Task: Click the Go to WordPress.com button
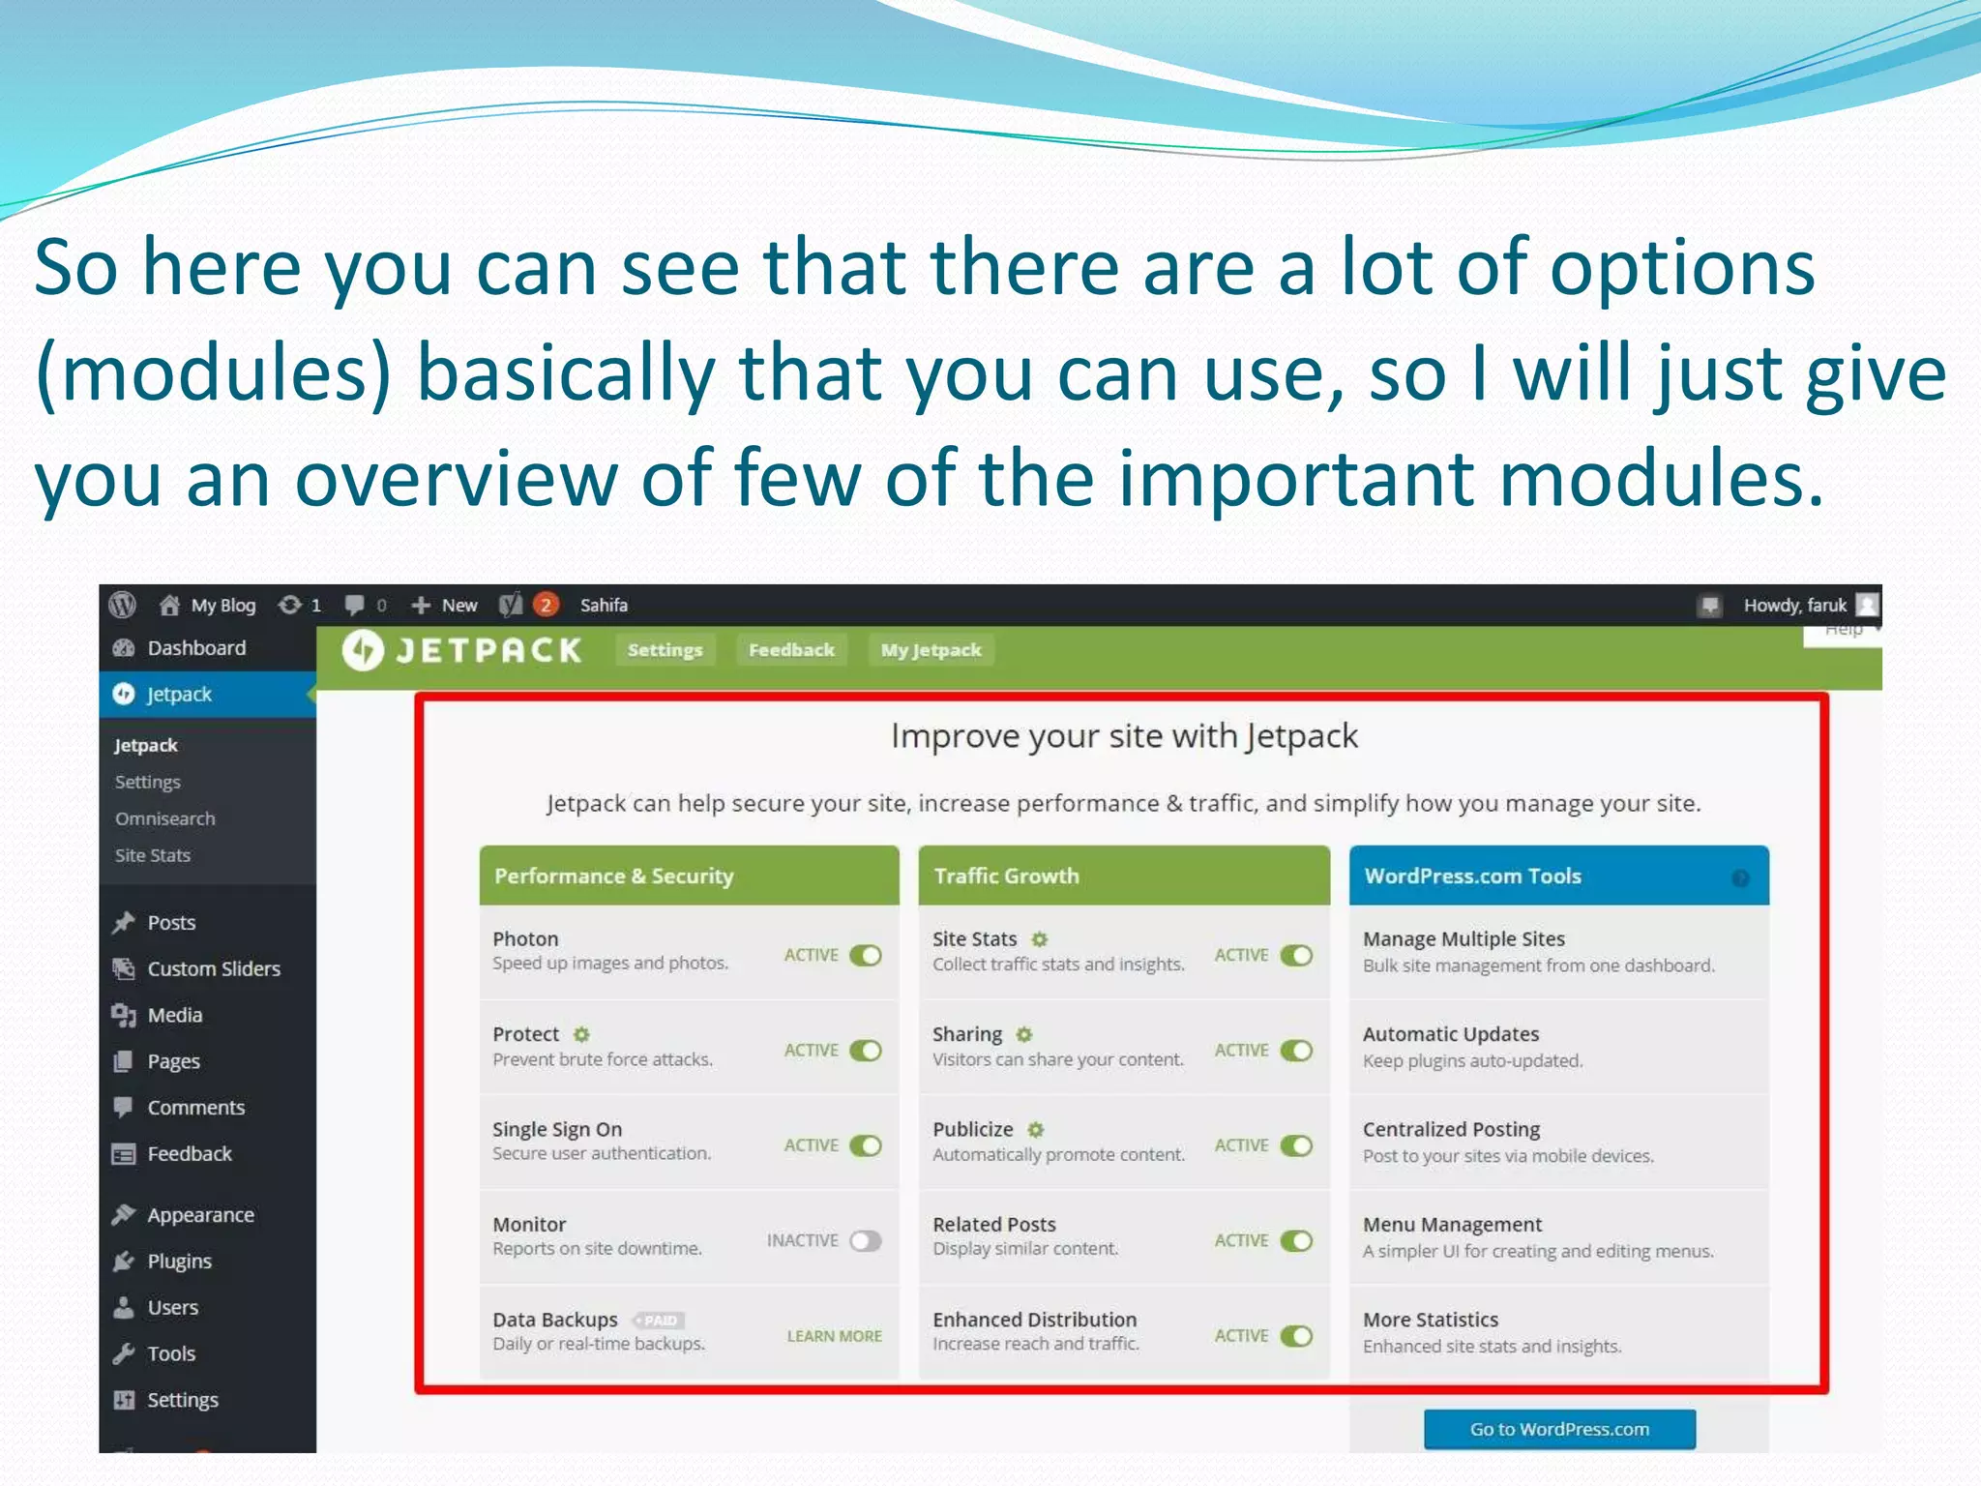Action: pos(1558,1429)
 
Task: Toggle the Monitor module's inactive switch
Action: pos(865,1240)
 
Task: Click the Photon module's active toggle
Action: pos(865,955)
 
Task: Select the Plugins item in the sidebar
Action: pos(179,1261)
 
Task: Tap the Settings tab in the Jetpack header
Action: pos(665,650)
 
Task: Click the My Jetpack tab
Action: pos(931,650)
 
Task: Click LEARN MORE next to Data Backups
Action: pos(834,1336)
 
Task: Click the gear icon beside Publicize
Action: pos(1035,1129)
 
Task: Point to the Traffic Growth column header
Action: pos(1006,876)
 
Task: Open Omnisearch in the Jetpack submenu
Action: pos(164,818)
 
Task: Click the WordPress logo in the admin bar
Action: pos(122,605)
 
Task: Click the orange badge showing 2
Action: pos(546,605)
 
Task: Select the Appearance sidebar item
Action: pos(199,1214)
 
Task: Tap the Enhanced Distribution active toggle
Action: pos(1296,1336)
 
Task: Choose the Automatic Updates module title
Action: pos(1450,1034)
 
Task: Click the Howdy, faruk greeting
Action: pos(1794,606)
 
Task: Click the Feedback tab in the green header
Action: pos(791,650)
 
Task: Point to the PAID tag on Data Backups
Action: pos(660,1321)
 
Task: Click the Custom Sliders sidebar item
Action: pos(213,968)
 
